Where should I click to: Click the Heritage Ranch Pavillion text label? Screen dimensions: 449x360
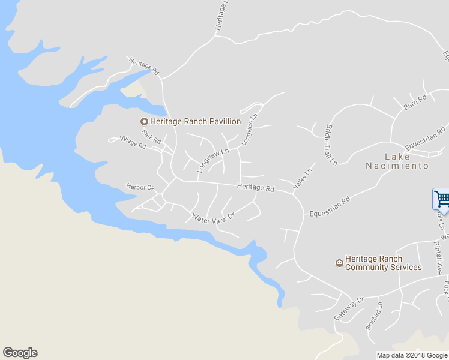(x=195, y=122)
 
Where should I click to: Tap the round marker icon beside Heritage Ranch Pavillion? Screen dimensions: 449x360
(x=144, y=122)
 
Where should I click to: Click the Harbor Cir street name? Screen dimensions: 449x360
(x=140, y=187)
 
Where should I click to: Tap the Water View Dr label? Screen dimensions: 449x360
(x=212, y=216)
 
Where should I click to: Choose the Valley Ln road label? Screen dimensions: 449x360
(x=303, y=179)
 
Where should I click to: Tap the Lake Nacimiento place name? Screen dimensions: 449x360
(x=398, y=161)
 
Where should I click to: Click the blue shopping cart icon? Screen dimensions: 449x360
(x=441, y=199)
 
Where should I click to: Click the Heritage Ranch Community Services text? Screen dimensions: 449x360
(x=383, y=263)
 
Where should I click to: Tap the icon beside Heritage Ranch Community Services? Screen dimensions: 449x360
(x=339, y=263)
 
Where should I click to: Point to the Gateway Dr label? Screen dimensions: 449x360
(x=349, y=308)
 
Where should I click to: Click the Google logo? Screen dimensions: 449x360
(x=20, y=353)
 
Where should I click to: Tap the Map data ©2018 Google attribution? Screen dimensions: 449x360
(x=412, y=355)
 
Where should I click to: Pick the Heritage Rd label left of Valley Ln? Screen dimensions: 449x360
(x=255, y=187)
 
